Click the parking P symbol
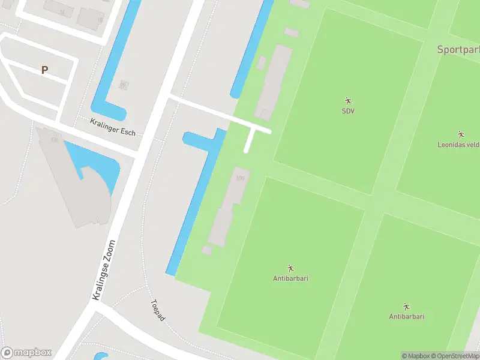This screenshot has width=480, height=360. [x=44, y=70]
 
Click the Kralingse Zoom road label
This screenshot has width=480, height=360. [x=104, y=270]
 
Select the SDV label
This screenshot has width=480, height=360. [x=348, y=111]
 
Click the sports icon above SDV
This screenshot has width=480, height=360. [x=348, y=100]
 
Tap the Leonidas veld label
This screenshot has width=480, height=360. [x=458, y=144]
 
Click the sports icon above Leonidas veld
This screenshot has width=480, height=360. [x=461, y=134]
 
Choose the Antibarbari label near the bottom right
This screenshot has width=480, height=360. [x=406, y=316]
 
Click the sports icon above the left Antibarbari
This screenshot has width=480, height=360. [x=290, y=268]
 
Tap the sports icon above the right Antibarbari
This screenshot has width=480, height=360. [x=406, y=306]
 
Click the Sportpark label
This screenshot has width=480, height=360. [x=458, y=50]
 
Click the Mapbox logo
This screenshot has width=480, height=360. [x=26, y=353]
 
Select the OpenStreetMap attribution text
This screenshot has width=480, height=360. [x=454, y=356]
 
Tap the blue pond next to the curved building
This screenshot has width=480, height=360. [x=96, y=165]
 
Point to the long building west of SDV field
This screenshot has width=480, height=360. [x=274, y=81]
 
